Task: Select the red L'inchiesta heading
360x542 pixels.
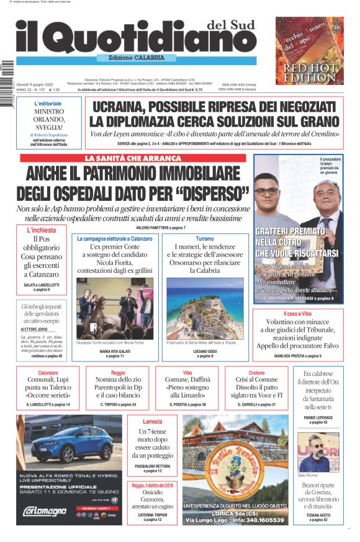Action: point(41,230)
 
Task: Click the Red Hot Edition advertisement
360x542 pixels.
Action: point(309,51)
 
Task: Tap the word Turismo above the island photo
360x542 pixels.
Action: point(204,238)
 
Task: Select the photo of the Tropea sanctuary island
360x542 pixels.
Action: point(204,308)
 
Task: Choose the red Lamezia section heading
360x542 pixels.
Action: point(152,421)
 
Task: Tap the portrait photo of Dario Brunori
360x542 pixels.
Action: point(318,452)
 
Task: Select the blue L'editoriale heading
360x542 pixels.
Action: point(48,103)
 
